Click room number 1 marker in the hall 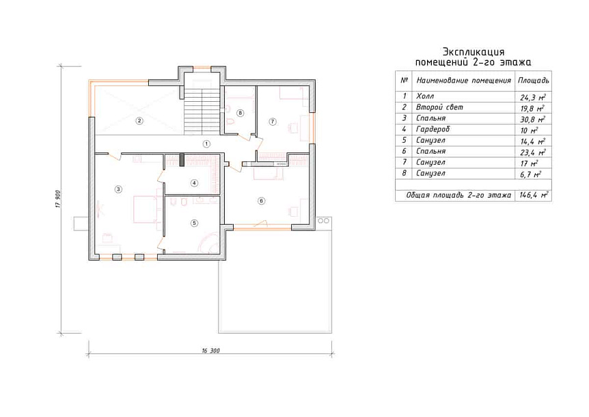tap(206, 144)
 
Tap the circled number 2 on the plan tap(139, 121)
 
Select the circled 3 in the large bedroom tap(118, 189)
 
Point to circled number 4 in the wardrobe tap(194, 183)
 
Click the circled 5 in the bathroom tap(194, 223)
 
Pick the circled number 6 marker tap(262, 200)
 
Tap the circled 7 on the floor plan tap(273, 122)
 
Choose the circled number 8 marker tap(241, 113)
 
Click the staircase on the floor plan tap(202, 111)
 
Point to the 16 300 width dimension tap(210, 351)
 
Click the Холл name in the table tap(425, 96)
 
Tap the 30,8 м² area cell tap(533, 120)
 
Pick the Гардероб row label tap(433, 129)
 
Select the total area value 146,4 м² tap(534, 195)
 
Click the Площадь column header tap(534, 81)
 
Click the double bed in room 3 tap(144, 209)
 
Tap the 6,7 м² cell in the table tap(530, 174)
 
